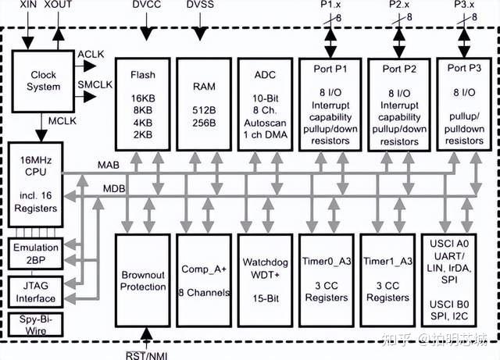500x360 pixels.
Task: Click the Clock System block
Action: pyautogui.click(x=44, y=80)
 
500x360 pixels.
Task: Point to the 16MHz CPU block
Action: pyautogui.click(x=34, y=184)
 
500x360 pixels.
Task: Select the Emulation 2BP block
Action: pyautogui.click(x=35, y=253)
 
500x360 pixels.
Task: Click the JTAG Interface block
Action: pyautogui.click(x=35, y=292)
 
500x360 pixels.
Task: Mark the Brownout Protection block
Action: pyautogui.click(x=144, y=281)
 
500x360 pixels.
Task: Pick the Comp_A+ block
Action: pyautogui.click(x=205, y=281)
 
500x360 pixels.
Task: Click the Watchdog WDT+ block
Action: pyautogui.click(x=265, y=281)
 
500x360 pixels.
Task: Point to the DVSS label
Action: pyautogui.click(x=201, y=6)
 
